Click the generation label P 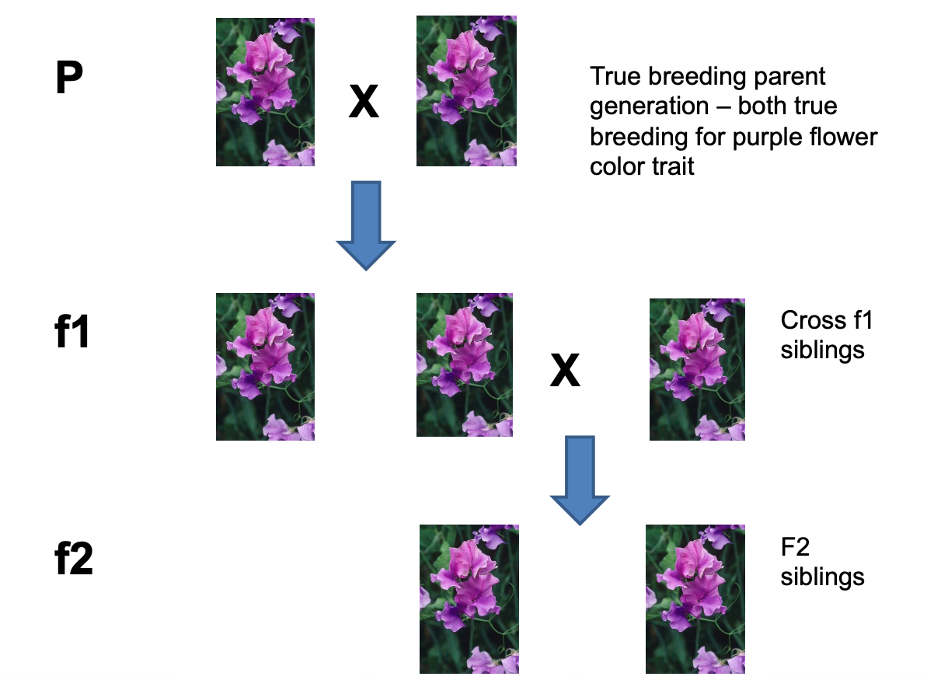(x=69, y=78)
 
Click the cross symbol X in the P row (x=364, y=102)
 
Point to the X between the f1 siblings (x=565, y=371)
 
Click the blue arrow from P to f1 (x=365, y=225)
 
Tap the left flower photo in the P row (x=265, y=92)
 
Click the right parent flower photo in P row (x=466, y=91)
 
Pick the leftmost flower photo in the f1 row (x=265, y=367)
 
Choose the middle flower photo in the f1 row (x=465, y=364)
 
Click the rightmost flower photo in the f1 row (x=696, y=369)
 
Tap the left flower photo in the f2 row (x=469, y=598)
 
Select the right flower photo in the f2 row (x=695, y=598)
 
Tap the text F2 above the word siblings (x=795, y=547)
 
